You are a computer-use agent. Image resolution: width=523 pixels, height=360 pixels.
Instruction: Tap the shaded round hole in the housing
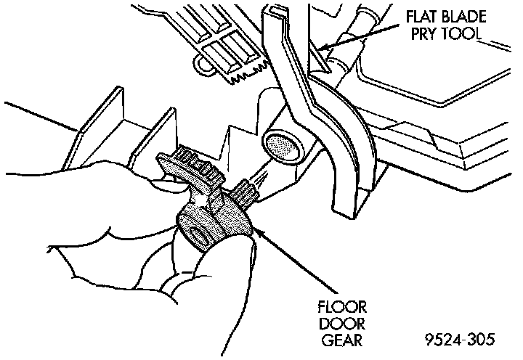point(280,146)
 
